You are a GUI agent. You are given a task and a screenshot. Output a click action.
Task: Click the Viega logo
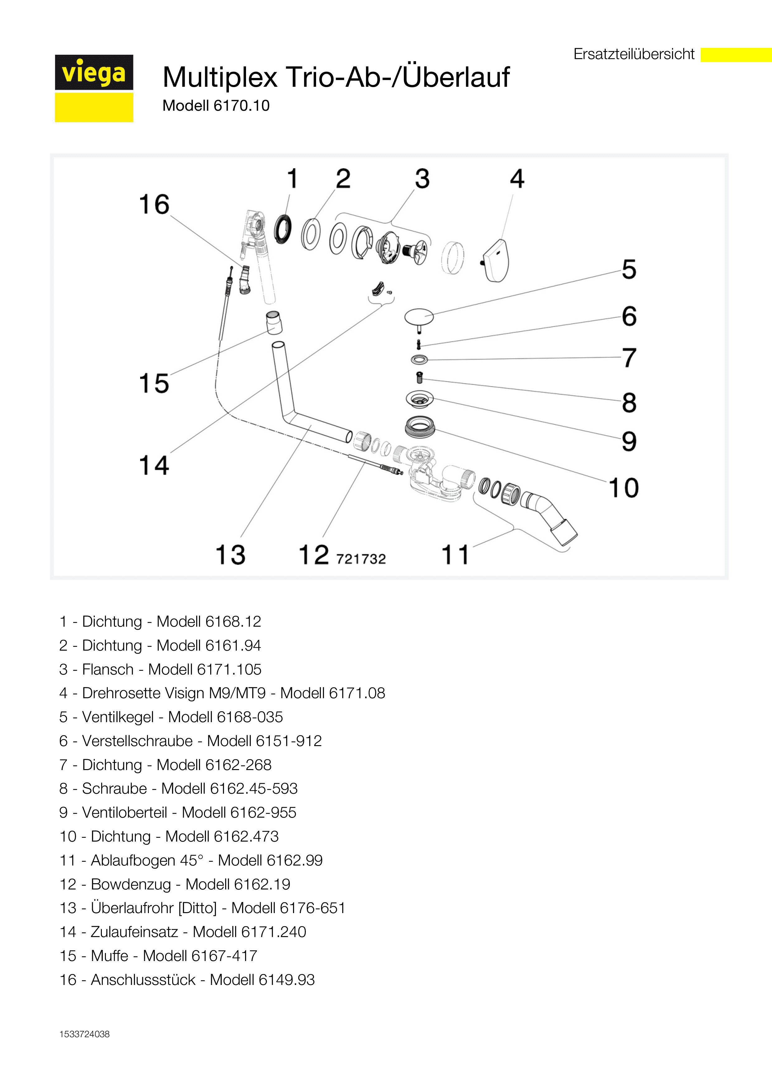pyautogui.click(x=94, y=88)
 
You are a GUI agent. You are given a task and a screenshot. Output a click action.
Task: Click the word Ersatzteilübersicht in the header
pyautogui.click(x=634, y=54)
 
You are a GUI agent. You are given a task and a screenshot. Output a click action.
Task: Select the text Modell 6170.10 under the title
pyautogui.click(x=216, y=105)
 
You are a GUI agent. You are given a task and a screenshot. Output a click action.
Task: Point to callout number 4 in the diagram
pyautogui.click(x=517, y=179)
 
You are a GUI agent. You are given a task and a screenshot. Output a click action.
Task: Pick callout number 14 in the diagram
pyautogui.click(x=154, y=465)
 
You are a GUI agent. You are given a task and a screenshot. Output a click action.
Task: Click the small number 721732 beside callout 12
pyautogui.click(x=361, y=559)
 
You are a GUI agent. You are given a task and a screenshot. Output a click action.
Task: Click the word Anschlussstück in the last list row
pyautogui.click(x=143, y=980)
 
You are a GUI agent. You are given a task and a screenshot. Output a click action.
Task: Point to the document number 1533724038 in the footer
pyautogui.click(x=85, y=1034)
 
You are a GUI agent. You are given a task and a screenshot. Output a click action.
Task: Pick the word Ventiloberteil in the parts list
pyautogui.click(x=125, y=813)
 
